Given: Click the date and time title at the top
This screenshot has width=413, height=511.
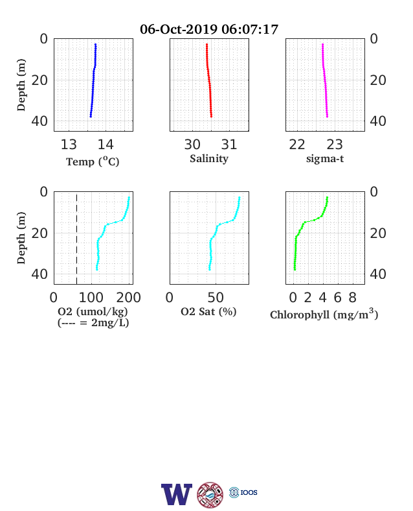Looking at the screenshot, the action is [x=209, y=29].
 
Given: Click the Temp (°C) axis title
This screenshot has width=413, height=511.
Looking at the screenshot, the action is [x=93, y=161].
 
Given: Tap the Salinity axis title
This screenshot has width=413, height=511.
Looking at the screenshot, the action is [x=209, y=159].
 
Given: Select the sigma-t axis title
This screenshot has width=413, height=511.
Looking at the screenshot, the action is [x=325, y=159].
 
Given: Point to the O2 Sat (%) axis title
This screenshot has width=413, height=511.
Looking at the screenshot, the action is [x=208, y=312].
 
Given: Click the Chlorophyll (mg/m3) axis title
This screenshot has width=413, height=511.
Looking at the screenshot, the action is [x=324, y=314].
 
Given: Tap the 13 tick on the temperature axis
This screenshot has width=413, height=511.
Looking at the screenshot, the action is [x=69, y=145].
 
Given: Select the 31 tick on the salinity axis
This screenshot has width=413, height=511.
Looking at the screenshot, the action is [x=229, y=145].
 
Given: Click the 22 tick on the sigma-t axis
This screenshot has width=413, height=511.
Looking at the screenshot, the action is [x=297, y=145].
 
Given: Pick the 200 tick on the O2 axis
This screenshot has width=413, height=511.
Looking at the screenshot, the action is [x=128, y=298].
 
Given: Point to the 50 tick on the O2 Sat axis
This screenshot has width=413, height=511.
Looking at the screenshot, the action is [x=216, y=298].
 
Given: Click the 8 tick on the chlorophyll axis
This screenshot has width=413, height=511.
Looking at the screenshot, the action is [x=353, y=298].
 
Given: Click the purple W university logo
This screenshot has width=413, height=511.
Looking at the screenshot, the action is [x=177, y=494].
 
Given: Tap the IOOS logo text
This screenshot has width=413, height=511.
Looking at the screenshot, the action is [x=249, y=492].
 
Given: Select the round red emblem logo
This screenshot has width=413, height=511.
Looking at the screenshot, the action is [x=210, y=495].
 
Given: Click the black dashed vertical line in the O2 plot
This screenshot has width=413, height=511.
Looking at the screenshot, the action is [x=77, y=238].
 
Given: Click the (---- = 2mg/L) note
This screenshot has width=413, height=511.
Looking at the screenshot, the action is [x=93, y=323].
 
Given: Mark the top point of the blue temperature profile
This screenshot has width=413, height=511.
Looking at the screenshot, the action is [x=95, y=44].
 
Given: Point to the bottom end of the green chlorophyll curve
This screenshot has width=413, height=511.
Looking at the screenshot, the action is [x=295, y=269].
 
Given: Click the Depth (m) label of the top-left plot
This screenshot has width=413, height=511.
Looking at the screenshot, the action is [x=21, y=85].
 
